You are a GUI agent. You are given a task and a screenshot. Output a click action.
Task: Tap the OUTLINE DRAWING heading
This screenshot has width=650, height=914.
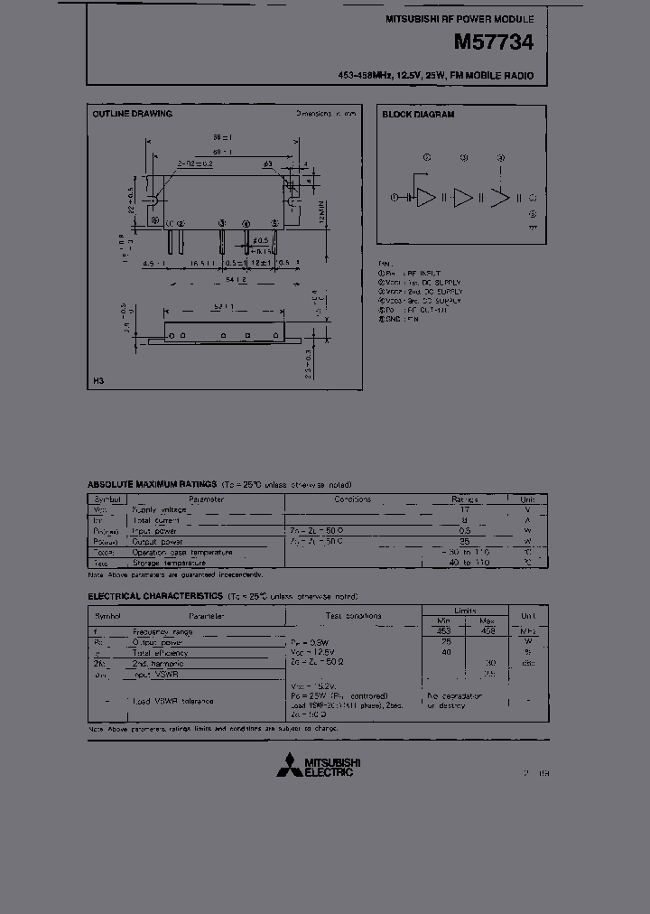click(132, 115)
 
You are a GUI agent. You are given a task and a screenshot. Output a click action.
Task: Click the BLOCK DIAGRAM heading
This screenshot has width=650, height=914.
click(418, 115)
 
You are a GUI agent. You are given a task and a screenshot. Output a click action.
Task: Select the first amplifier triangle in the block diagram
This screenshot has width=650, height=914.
click(425, 198)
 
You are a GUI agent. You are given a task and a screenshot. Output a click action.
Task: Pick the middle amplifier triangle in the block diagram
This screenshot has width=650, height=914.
click(462, 198)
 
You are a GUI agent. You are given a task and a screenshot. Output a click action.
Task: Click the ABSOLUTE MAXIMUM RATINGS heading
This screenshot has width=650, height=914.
click(152, 484)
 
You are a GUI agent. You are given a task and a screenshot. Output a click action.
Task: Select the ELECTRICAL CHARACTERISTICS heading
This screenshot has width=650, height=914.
click(155, 596)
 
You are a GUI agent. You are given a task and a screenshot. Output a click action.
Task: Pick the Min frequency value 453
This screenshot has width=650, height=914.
click(443, 631)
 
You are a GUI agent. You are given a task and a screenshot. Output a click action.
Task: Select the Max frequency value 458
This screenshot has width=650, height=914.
click(488, 631)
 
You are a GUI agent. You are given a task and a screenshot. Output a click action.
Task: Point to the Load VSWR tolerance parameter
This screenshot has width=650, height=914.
click(172, 701)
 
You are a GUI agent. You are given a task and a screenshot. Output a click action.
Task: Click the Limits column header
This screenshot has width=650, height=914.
click(466, 611)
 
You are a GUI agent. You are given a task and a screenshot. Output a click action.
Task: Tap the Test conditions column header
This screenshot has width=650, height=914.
click(353, 616)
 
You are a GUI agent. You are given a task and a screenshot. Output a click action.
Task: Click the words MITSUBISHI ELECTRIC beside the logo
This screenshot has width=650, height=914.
click(329, 766)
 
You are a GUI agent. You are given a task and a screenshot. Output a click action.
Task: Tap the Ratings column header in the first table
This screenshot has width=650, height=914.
click(467, 499)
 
